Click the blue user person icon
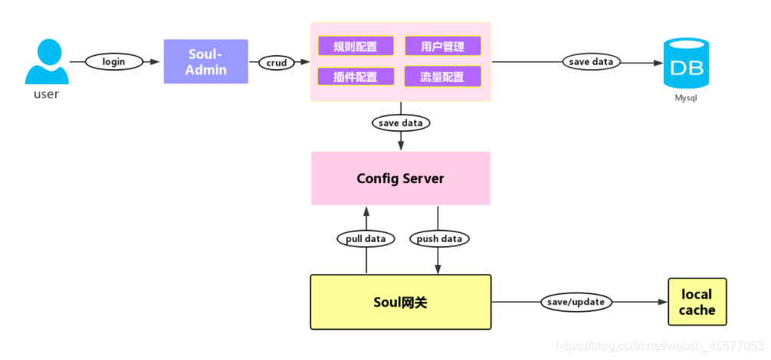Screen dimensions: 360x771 (x=46, y=62)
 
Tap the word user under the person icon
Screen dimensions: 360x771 (x=46, y=94)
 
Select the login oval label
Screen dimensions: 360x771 (x=113, y=61)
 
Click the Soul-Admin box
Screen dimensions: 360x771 (x=206, y=61)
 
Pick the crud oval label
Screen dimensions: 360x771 (x=277, y=63)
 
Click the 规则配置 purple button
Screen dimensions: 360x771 (x=356, y=46)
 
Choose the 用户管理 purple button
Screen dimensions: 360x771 (x=443, y=46)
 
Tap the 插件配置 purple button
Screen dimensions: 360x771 (x=356, y=77)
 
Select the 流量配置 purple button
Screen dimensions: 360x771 (x=443, y=77)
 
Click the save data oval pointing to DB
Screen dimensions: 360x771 (x=591, y=61)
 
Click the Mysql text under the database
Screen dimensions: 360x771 (x=687, y=98)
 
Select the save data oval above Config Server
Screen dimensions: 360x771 (x=400, y=123)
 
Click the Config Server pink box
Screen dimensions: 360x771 (x=400, y=178)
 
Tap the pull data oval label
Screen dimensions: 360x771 (x=366, y=238)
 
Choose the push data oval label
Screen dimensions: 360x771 (x=439, y=238)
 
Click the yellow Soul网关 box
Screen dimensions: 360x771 (x=400, y=302)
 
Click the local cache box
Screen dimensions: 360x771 (x=697, y=302)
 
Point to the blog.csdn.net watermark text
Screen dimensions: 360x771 (x=658, y=347)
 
